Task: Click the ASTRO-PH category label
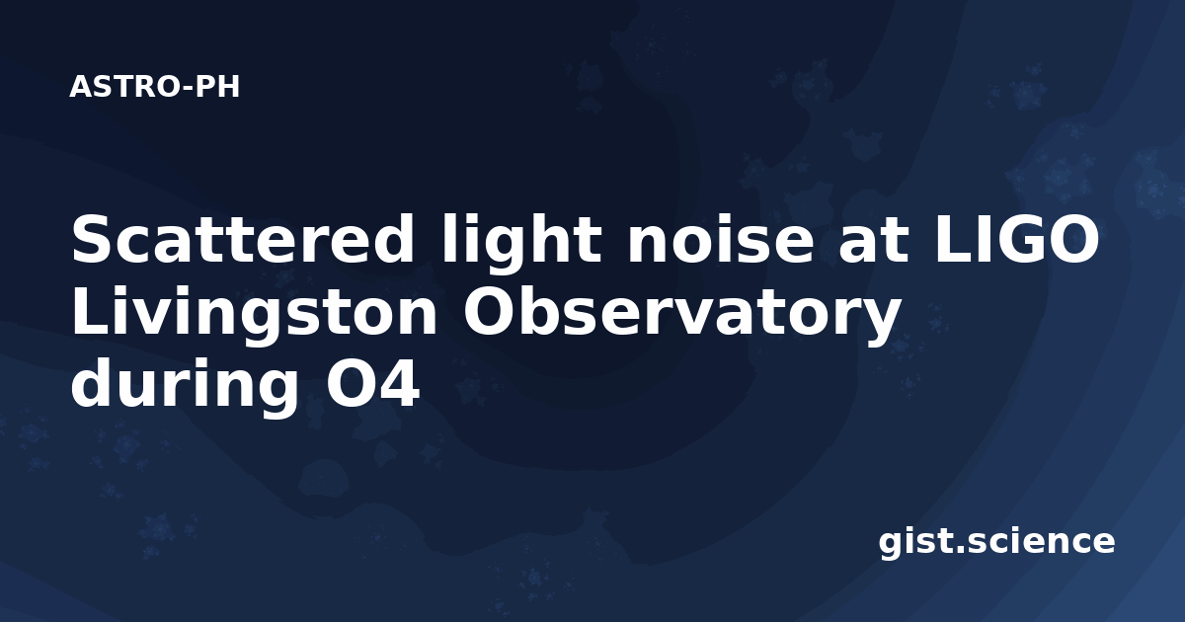(154, 87)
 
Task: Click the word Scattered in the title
(243, 239)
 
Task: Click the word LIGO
(1017, 239)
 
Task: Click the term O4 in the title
(372, 383)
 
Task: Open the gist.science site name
(996, 543)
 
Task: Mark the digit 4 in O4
(399, 383)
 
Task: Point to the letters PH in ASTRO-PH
(217, 87)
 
